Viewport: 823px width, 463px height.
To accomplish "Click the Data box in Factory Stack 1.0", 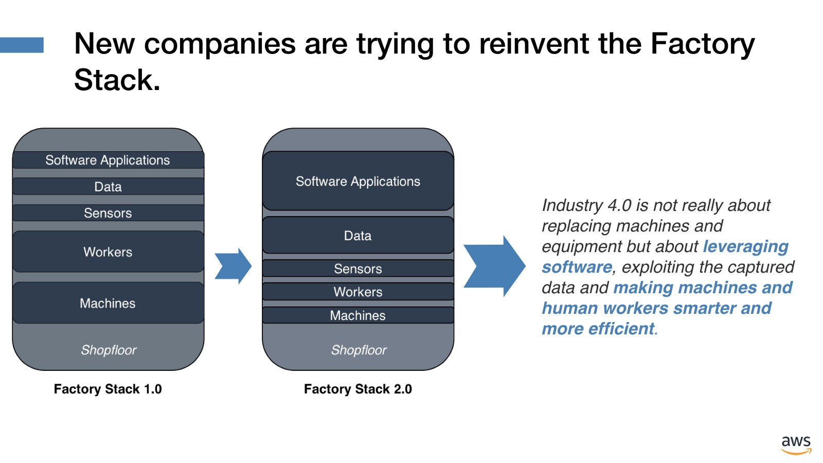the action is pyautogui.click(x=109, y=186).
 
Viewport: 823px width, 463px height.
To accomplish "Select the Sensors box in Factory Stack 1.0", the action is pyautogui.click(x=109, y=213).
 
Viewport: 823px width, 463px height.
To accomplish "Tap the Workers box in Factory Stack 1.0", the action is pyautogui.click(x=109, y=252).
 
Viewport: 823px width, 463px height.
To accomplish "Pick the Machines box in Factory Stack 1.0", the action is pyautogui.click(x=109, y=303).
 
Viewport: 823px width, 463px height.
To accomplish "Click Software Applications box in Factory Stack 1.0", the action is pyautogui.click(x=109, y=160).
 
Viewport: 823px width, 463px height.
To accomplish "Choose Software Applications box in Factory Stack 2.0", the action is pyautogui.click(x=358, y=181).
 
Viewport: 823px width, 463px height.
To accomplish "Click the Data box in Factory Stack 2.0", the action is pyautogui.click(x=358, y=235).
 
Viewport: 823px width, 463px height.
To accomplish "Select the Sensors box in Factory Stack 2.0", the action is pyautogui.click(x=358, y=268).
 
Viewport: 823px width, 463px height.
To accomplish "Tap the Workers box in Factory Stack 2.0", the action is pyautogui.click(x=358, y=291).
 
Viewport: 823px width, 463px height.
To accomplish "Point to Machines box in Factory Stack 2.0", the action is pyautogui.click(x=358, y=315).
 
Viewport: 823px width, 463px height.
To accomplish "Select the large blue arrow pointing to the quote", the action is pyautogui.click(x=495, y=266).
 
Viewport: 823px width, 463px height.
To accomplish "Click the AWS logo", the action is pyautogui.click(x=796, y=445).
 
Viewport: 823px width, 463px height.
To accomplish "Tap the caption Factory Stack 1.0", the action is pyautogui.click(x=108, y=389).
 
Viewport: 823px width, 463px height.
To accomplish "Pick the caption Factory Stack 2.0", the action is pyautogui.click(x=358, y=389).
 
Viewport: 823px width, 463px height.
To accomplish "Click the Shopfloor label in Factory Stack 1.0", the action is pyautogui.click(x=109, y=350).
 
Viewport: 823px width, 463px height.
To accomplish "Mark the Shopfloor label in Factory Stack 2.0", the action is pyautogui.click(x=359, y=350).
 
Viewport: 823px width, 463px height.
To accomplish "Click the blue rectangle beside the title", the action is pyautogui.click(x=22, y=45).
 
